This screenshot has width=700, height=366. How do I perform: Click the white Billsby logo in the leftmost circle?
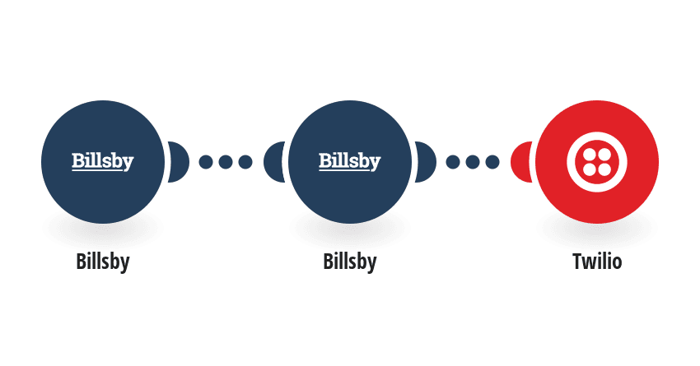(103, 161)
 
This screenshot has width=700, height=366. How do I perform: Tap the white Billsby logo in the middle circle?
(349, 161)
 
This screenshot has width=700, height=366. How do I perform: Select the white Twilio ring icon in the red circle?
(597, 162)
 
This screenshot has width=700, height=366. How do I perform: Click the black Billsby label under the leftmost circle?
(103, 262)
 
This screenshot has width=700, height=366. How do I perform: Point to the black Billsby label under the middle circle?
(349, 262)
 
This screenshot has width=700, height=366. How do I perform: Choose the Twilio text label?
(597, 262)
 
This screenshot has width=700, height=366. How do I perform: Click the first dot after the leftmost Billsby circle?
(206, 162)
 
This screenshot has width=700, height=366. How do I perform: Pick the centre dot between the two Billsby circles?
(226, 162)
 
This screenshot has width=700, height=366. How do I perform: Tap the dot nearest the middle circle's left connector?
(245, 162)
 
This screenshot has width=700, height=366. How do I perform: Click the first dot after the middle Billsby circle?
(453, 162)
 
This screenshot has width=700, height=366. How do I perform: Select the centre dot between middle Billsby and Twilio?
(473, 162)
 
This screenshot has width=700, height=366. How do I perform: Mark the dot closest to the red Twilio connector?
(492, 162)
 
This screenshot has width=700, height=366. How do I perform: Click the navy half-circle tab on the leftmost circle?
(179, 162)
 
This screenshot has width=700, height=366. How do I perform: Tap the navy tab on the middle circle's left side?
(273, 162)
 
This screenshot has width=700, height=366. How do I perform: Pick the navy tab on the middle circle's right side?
(426, 162)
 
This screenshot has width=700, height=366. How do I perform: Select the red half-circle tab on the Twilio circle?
(521, 162)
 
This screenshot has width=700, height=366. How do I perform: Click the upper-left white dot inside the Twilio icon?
(590, 155)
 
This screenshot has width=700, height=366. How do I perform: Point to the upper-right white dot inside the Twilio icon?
(604, 155)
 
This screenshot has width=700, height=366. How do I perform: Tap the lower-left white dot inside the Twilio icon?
(590, 169)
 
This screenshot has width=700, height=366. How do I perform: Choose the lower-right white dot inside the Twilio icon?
(604, 169)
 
